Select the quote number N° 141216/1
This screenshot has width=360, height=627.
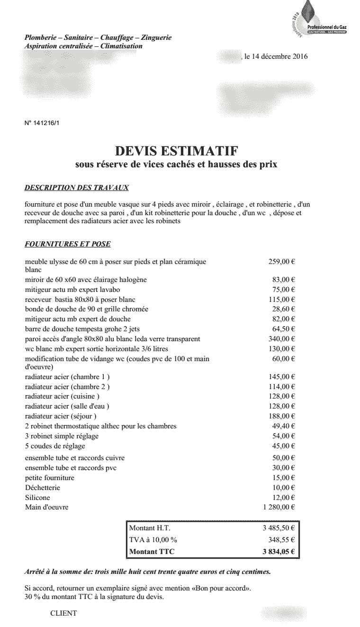(x=42, y=123)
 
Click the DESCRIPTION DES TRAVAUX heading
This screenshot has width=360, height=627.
(x=76, y=188)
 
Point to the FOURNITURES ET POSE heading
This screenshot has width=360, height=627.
(x=67, y=245)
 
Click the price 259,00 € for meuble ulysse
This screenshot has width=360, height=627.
(x=281, y=262)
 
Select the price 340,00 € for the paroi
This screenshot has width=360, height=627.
(x=281, y=339)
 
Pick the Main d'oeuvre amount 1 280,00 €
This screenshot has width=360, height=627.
(x=279, y=508)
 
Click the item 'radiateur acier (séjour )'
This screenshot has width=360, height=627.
(x=61, y=416)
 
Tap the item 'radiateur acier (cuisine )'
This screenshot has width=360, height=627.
(x=62, y=396)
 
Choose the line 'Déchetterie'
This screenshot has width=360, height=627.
(x=43, y=488)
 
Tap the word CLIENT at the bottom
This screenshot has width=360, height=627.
(x=63, y=613)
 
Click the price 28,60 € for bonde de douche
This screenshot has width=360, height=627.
(x=283, y=309)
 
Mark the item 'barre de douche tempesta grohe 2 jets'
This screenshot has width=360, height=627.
(x=82, y=329)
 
